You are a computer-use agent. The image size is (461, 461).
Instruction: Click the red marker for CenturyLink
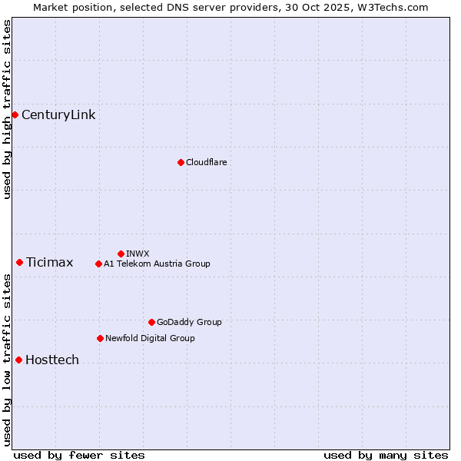click(15, 115)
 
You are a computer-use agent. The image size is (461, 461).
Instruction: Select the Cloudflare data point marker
click(181, 162)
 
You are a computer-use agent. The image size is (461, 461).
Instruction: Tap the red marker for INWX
click(121, 254)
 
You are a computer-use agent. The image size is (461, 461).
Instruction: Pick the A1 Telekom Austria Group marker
click(98, 264)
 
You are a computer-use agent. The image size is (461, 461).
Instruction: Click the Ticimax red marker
click(19, 263)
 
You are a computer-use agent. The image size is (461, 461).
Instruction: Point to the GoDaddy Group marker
click(151, 323)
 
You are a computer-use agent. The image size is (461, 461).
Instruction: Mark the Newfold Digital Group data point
click(100, 339)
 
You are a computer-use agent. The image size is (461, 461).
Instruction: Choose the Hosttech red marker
click(18, 360)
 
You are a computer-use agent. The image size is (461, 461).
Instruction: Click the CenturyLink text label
click(58, 115)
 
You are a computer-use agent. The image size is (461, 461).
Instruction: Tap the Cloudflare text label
click(206, 162)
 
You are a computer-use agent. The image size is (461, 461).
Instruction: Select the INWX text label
click(138, 254)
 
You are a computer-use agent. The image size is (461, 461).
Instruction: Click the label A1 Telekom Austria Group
click(157, 264)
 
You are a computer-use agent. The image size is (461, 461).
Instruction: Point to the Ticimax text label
click(49, 263)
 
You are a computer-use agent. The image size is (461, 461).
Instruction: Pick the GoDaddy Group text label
click(189, 323)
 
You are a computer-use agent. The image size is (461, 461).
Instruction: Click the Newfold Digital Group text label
click(150, 339)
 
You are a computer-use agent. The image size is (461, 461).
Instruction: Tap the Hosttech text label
click(52, 360)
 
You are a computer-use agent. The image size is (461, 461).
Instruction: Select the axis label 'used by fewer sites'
click(79, 455)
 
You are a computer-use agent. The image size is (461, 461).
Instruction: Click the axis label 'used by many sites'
click(386, 455)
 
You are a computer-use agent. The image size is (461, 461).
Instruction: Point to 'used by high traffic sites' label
click(7, 109)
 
